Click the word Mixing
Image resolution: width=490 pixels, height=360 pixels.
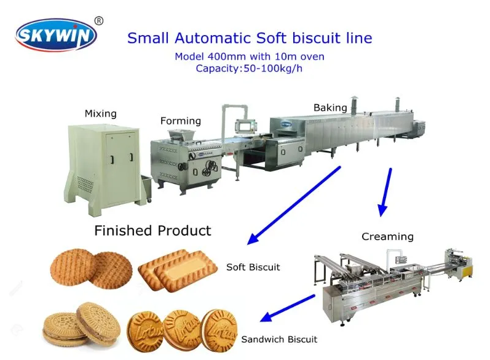click(100, 114)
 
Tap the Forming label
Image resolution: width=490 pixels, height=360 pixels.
click(180, 121)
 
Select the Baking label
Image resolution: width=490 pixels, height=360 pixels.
click(330, 108)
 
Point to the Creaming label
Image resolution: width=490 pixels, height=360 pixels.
click(387, 236)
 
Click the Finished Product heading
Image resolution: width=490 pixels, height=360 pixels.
click(152, 231)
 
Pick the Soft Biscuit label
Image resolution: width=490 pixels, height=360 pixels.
click(253, 267)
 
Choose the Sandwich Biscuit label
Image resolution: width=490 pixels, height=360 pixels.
click(279, 339)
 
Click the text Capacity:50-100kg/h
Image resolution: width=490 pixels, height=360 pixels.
click(249, 68)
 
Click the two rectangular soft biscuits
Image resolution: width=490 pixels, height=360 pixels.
click(178, 269)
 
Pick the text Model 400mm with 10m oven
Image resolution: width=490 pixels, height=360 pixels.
click(249, 57)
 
